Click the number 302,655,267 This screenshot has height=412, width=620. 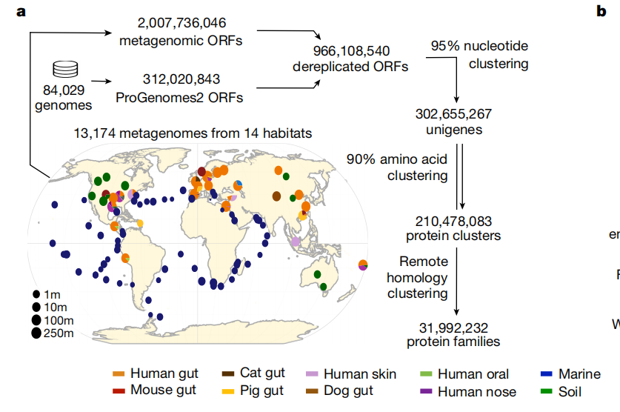(455, 115)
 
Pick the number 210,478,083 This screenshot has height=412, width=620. (454, 222)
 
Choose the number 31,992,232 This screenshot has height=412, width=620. (453, 328)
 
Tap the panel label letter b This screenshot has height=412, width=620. (601, 10)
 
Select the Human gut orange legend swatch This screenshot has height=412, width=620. (119, 374)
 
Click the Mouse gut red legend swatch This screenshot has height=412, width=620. (119, 390)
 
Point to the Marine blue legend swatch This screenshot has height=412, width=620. (547, 374)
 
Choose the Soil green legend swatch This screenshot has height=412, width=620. (547, 391)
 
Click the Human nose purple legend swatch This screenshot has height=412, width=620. (426, 391)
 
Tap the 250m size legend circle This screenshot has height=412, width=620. (36, 333)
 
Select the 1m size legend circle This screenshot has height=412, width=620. (36, 294)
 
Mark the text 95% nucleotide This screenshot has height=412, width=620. (479, 47)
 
